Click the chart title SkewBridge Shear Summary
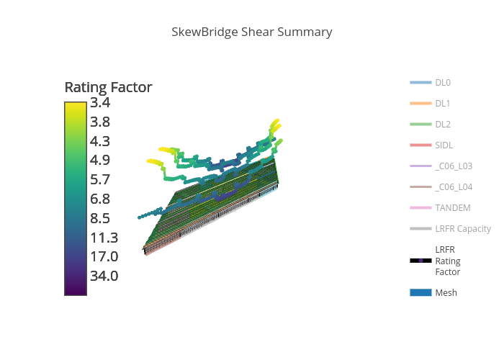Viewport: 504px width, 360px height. [252, 32]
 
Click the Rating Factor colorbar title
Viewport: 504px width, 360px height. [108, 87]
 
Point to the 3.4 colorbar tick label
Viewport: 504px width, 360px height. [100, 102]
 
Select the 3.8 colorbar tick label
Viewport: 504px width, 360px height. [100, 122]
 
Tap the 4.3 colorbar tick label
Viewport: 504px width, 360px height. [100, 141]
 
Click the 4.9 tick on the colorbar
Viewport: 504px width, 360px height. [100, 160]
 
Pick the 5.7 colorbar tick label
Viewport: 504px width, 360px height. [100, 179]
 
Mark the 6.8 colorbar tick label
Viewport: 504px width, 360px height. [100, 199]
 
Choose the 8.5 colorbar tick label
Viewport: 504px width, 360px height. [100, 218]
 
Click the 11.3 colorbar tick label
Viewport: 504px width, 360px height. [104, 238]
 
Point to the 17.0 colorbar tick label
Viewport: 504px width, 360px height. [104, 256]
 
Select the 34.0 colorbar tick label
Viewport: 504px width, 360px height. [104, 276]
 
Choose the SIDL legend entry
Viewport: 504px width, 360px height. [444, 145]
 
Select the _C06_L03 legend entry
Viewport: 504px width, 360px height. [454, 166]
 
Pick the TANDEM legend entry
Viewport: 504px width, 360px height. [452, 208]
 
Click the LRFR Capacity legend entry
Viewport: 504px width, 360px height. [462, 229]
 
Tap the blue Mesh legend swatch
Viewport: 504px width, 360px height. [420, 292]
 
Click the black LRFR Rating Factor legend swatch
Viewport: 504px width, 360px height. [420, 261]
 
